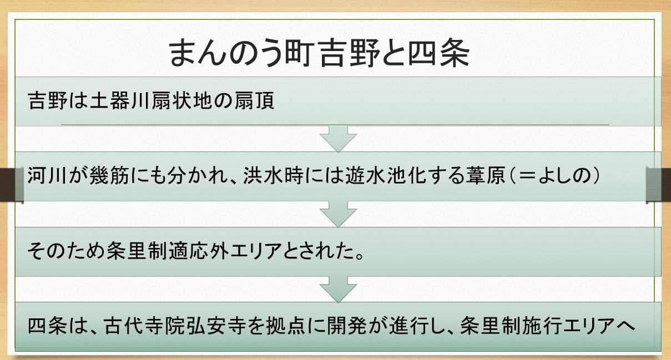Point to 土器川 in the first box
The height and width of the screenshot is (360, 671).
(127, 102)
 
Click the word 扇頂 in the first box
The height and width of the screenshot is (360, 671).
(256, 102)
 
